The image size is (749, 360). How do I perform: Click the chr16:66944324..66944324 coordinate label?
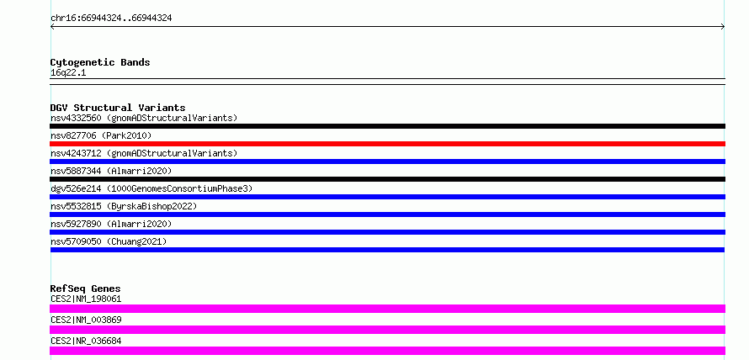coord(111,19)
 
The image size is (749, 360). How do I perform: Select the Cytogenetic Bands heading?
coord(100,62)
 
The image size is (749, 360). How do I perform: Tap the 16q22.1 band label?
coord(68,73)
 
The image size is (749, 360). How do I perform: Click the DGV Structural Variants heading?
coord(118,108)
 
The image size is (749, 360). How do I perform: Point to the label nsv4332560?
coord(76,118)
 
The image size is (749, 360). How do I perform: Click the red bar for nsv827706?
coord(387,144)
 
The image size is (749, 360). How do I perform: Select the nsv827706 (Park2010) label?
coord(101,135)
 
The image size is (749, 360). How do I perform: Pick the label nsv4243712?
coord(76,153)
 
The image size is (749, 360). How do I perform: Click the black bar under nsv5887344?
coord(387,179)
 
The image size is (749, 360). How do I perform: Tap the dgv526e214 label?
coord(76,188)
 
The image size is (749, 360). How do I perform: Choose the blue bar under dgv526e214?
coord(387,197)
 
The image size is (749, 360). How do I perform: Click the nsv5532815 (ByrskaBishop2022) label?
coord(124,206)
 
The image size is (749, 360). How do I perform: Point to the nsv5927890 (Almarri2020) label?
coord(111,224)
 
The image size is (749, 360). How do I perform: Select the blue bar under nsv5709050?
coord(387,250)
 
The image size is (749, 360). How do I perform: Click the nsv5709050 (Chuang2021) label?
coord(109,241)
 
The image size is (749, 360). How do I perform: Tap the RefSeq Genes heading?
coord(86,289)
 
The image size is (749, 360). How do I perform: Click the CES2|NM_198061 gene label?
coord(86,299)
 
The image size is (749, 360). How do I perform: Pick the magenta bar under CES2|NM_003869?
coord(387,330)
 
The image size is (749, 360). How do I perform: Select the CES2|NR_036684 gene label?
coord(86,341)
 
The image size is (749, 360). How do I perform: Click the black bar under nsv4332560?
coord(387,126)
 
